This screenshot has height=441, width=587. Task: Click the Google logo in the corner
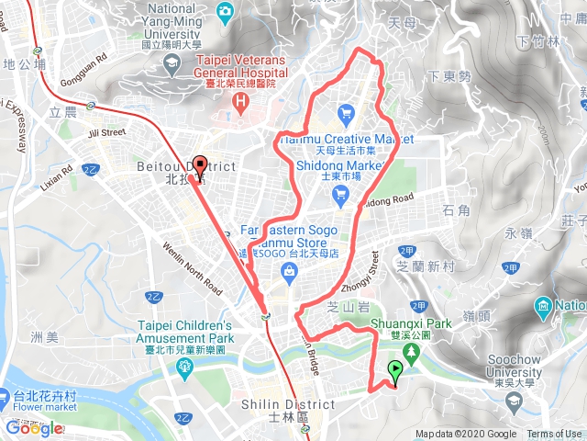tap(34, 428)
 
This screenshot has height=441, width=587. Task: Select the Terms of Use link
tap(553, 435)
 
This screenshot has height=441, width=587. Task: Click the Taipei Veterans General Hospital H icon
tap(240, 100)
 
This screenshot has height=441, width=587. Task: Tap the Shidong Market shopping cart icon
tap(341, 192)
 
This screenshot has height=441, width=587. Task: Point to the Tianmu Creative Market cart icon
tap(346, 114)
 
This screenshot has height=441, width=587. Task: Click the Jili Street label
tap(106, 133)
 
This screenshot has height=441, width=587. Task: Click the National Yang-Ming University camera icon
tap(224, 10)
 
